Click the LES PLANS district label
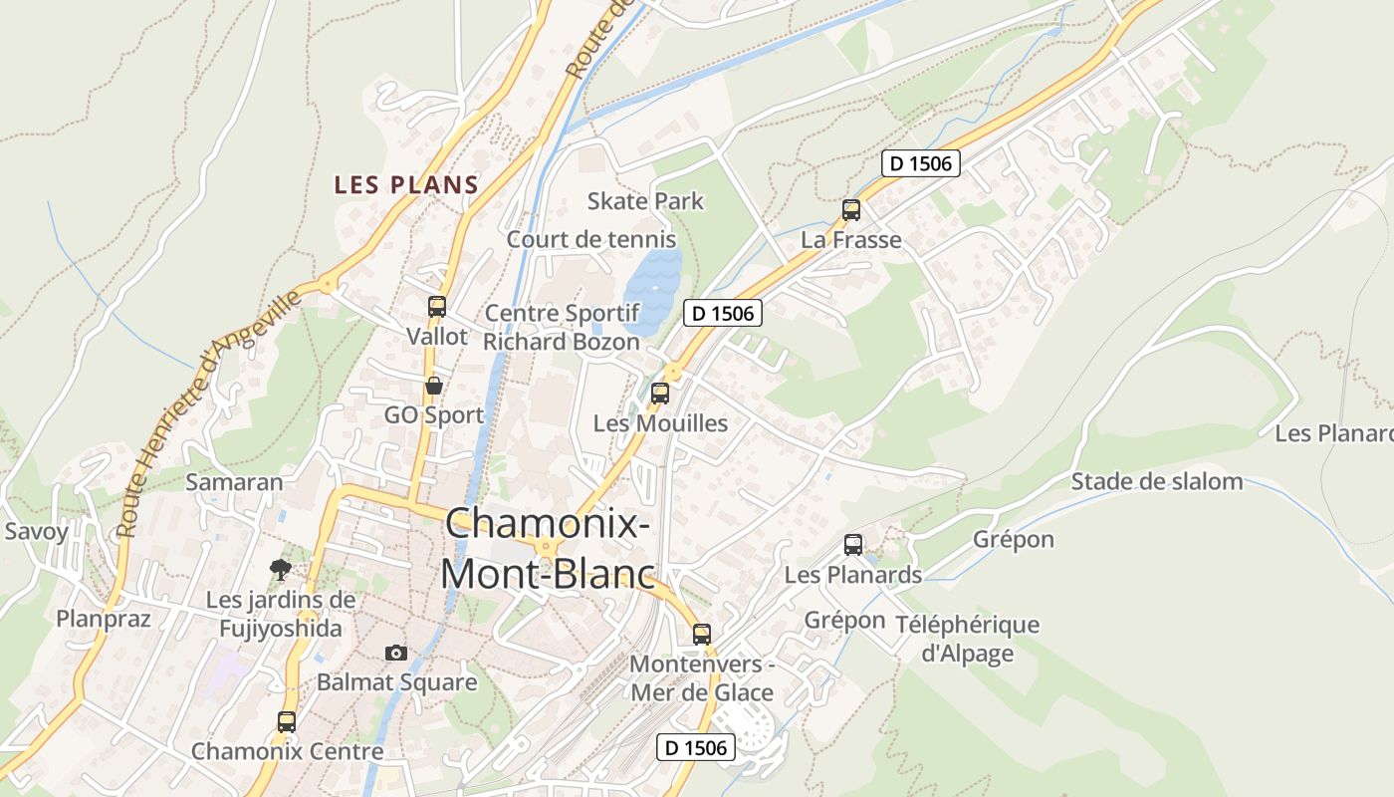(406, 185)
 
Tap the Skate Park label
(645, 201)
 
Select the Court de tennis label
(591, 239)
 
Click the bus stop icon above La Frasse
(851, 210)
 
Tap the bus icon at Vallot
(437, 307)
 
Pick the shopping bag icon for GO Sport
(434, 386)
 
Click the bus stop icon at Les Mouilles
(660, 394)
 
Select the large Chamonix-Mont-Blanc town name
(548, 549)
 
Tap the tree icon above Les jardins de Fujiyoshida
(281, 570)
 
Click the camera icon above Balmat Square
(396, 653)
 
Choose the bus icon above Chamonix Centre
(287, 722)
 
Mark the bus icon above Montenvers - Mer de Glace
(702, 635)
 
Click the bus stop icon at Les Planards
(853, 545)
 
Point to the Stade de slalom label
(1157, 482)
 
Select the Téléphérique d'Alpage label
(967, 639)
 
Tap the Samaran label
(234, 483)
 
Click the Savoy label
(37, 531)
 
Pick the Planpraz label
(104, 619)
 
